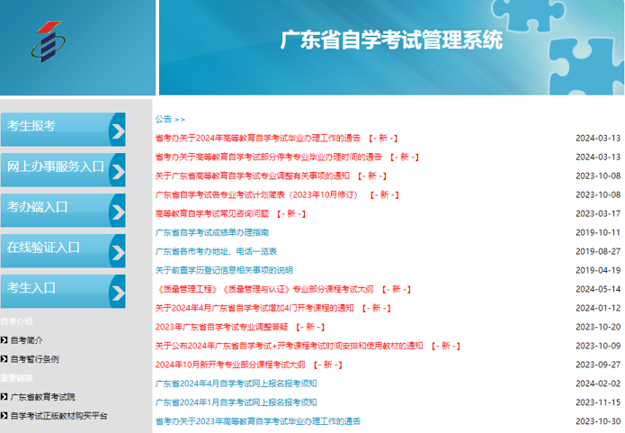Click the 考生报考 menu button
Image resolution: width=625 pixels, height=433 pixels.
63,130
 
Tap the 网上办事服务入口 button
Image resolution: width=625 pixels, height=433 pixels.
63,170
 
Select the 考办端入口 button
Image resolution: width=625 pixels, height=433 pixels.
63,211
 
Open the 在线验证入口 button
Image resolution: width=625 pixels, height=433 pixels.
63,250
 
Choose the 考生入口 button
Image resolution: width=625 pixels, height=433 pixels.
63,292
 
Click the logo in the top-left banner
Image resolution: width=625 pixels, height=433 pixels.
49,42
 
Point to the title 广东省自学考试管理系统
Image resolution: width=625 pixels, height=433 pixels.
391,40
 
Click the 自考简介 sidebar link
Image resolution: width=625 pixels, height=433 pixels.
26,340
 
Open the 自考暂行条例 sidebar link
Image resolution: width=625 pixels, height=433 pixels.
35,359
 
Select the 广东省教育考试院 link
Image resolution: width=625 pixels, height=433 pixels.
42,397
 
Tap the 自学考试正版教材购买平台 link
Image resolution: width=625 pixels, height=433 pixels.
59,416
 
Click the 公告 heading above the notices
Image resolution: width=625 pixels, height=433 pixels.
164,119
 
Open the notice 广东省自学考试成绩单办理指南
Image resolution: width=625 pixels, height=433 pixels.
212,232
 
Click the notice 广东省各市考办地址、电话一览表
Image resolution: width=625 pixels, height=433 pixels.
216,251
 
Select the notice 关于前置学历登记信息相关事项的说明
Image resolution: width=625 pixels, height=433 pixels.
224,270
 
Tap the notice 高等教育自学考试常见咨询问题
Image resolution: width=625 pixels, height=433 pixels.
212,213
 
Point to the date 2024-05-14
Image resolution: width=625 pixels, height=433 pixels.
598,289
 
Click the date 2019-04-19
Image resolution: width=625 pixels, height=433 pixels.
598,270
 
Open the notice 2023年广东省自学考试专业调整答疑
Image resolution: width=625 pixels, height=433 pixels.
221,327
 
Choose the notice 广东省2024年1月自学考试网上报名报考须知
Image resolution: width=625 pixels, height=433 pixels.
236,402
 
